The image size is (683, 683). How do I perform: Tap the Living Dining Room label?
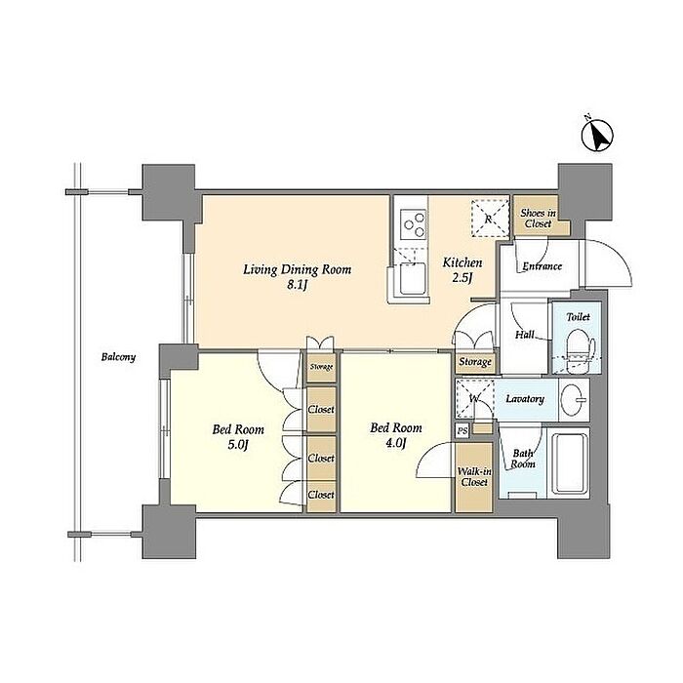(x=297, y=269)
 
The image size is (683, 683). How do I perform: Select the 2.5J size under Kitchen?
(x=462, y=277)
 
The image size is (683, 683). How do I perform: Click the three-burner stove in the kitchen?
(x=414, y=224)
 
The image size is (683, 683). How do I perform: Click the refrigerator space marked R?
(x=490, y=219)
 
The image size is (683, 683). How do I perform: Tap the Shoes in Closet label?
(x=539, y=219)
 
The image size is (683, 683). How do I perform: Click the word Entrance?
(x=542, y=266)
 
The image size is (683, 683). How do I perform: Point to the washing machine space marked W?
(x=475, y=398)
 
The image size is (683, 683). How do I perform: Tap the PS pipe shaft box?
(x=462, y=431)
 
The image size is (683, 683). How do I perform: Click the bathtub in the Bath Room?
(x=570, y=462)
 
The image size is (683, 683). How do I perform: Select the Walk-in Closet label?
(x=474, y=477)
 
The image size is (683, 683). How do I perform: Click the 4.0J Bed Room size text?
(x=396, y=443)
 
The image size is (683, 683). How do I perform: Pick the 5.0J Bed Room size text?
(x=238, y=445)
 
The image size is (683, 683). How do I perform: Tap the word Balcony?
(x=118, y=357)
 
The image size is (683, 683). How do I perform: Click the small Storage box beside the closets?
(x=321, y=368)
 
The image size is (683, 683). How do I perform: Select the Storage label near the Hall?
(x=475, y=362)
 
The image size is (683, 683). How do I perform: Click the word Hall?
(x=525, y=335)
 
